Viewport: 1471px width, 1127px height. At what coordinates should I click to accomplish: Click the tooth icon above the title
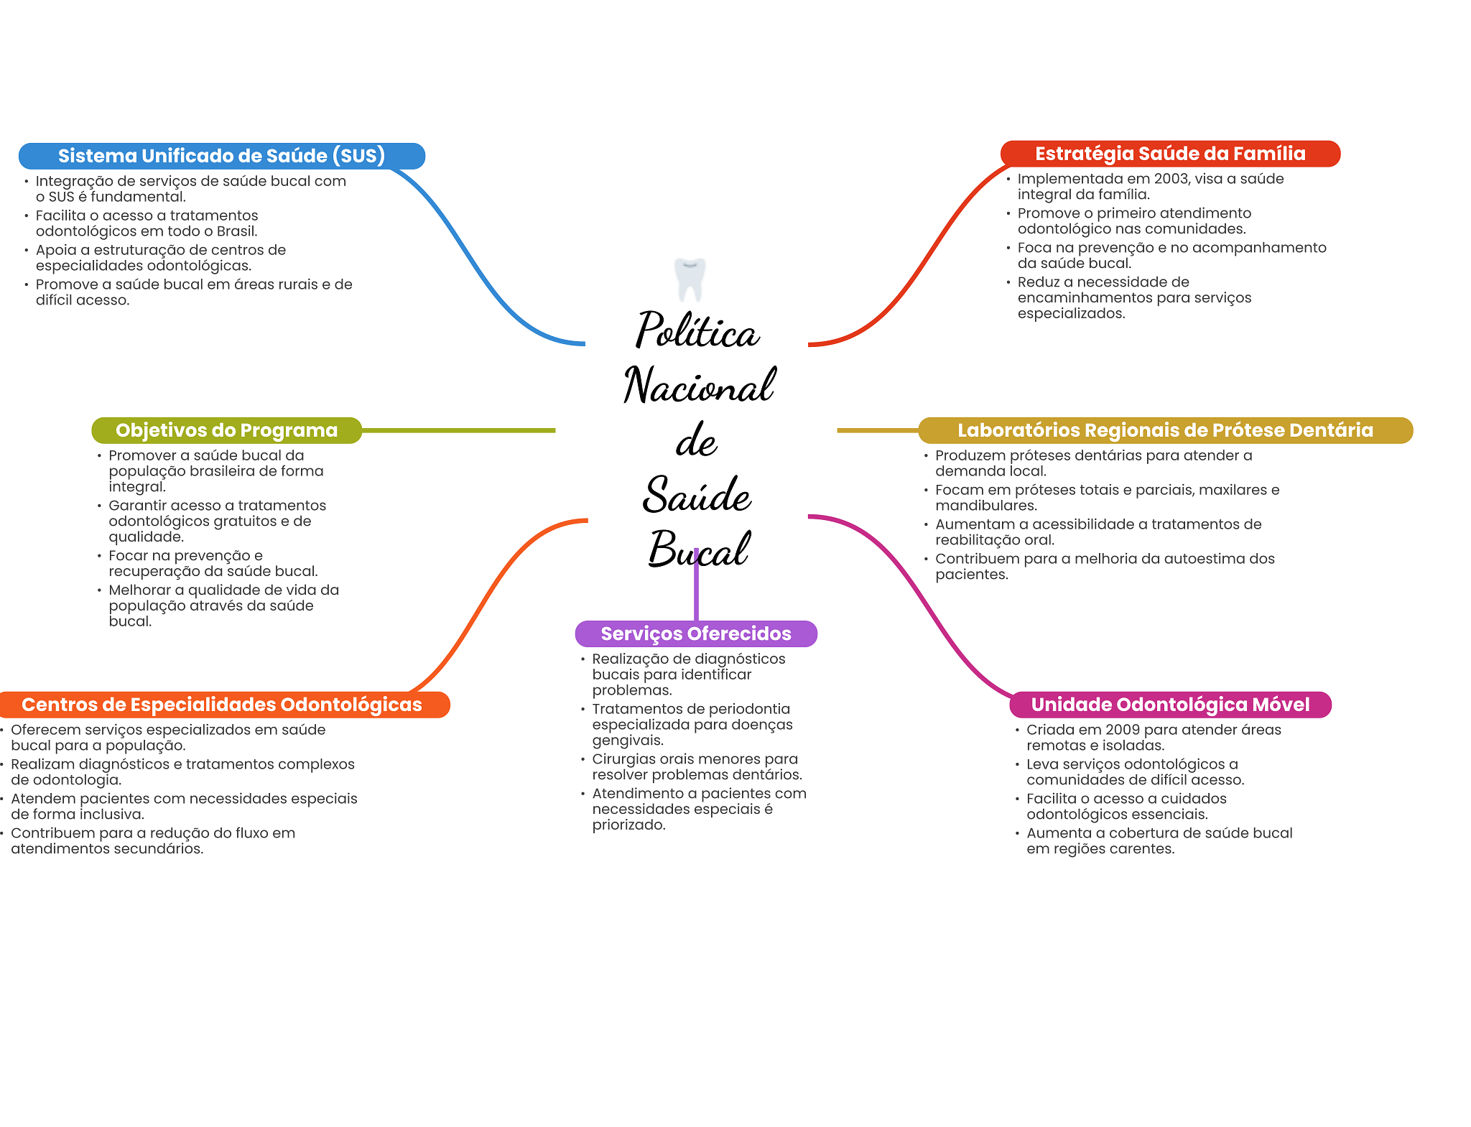pyautogui.click(x=690, y=279)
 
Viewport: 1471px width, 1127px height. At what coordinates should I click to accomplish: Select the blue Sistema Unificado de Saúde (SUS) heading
pyautogui.click(x=221, y=156)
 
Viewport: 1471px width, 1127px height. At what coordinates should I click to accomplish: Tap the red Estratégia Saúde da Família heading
pyautogui.click(x=1169, y=154)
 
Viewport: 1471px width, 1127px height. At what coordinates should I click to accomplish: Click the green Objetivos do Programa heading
pyautogui.click(x=226, y=430)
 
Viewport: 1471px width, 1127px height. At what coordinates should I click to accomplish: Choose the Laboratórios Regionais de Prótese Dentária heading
pyautogui.click(x=1164, y=430)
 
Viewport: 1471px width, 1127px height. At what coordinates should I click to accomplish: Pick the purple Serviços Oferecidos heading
pyautogui.click(x=695, y=634)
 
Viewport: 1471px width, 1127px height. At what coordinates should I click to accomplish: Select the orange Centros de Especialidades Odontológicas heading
pyautogui.click(x=222, y=705)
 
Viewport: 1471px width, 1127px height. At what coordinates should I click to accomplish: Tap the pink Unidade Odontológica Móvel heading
pyautogui.click(x=1170, y=705)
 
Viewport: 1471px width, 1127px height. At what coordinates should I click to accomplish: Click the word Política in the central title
pyautogui.click(x=697, y=331)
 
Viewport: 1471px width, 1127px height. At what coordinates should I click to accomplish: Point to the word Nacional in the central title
pyautogui.click(x=699, y=386)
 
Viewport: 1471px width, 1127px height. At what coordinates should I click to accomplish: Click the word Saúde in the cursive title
pyautogui.click(x=697, y=496)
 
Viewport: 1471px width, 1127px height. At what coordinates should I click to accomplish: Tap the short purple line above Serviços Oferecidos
pyautogui.click(x=696, y=593)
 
